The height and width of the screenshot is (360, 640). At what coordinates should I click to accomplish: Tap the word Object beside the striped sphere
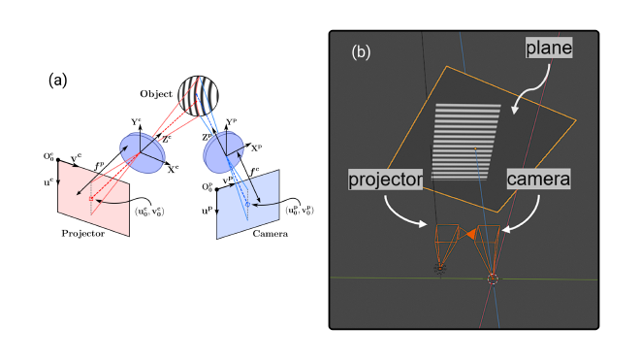(155, 94)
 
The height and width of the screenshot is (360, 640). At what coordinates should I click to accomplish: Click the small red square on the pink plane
(89, 199)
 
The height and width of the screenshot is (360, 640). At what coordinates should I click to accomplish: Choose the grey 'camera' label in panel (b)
(538, 180)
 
